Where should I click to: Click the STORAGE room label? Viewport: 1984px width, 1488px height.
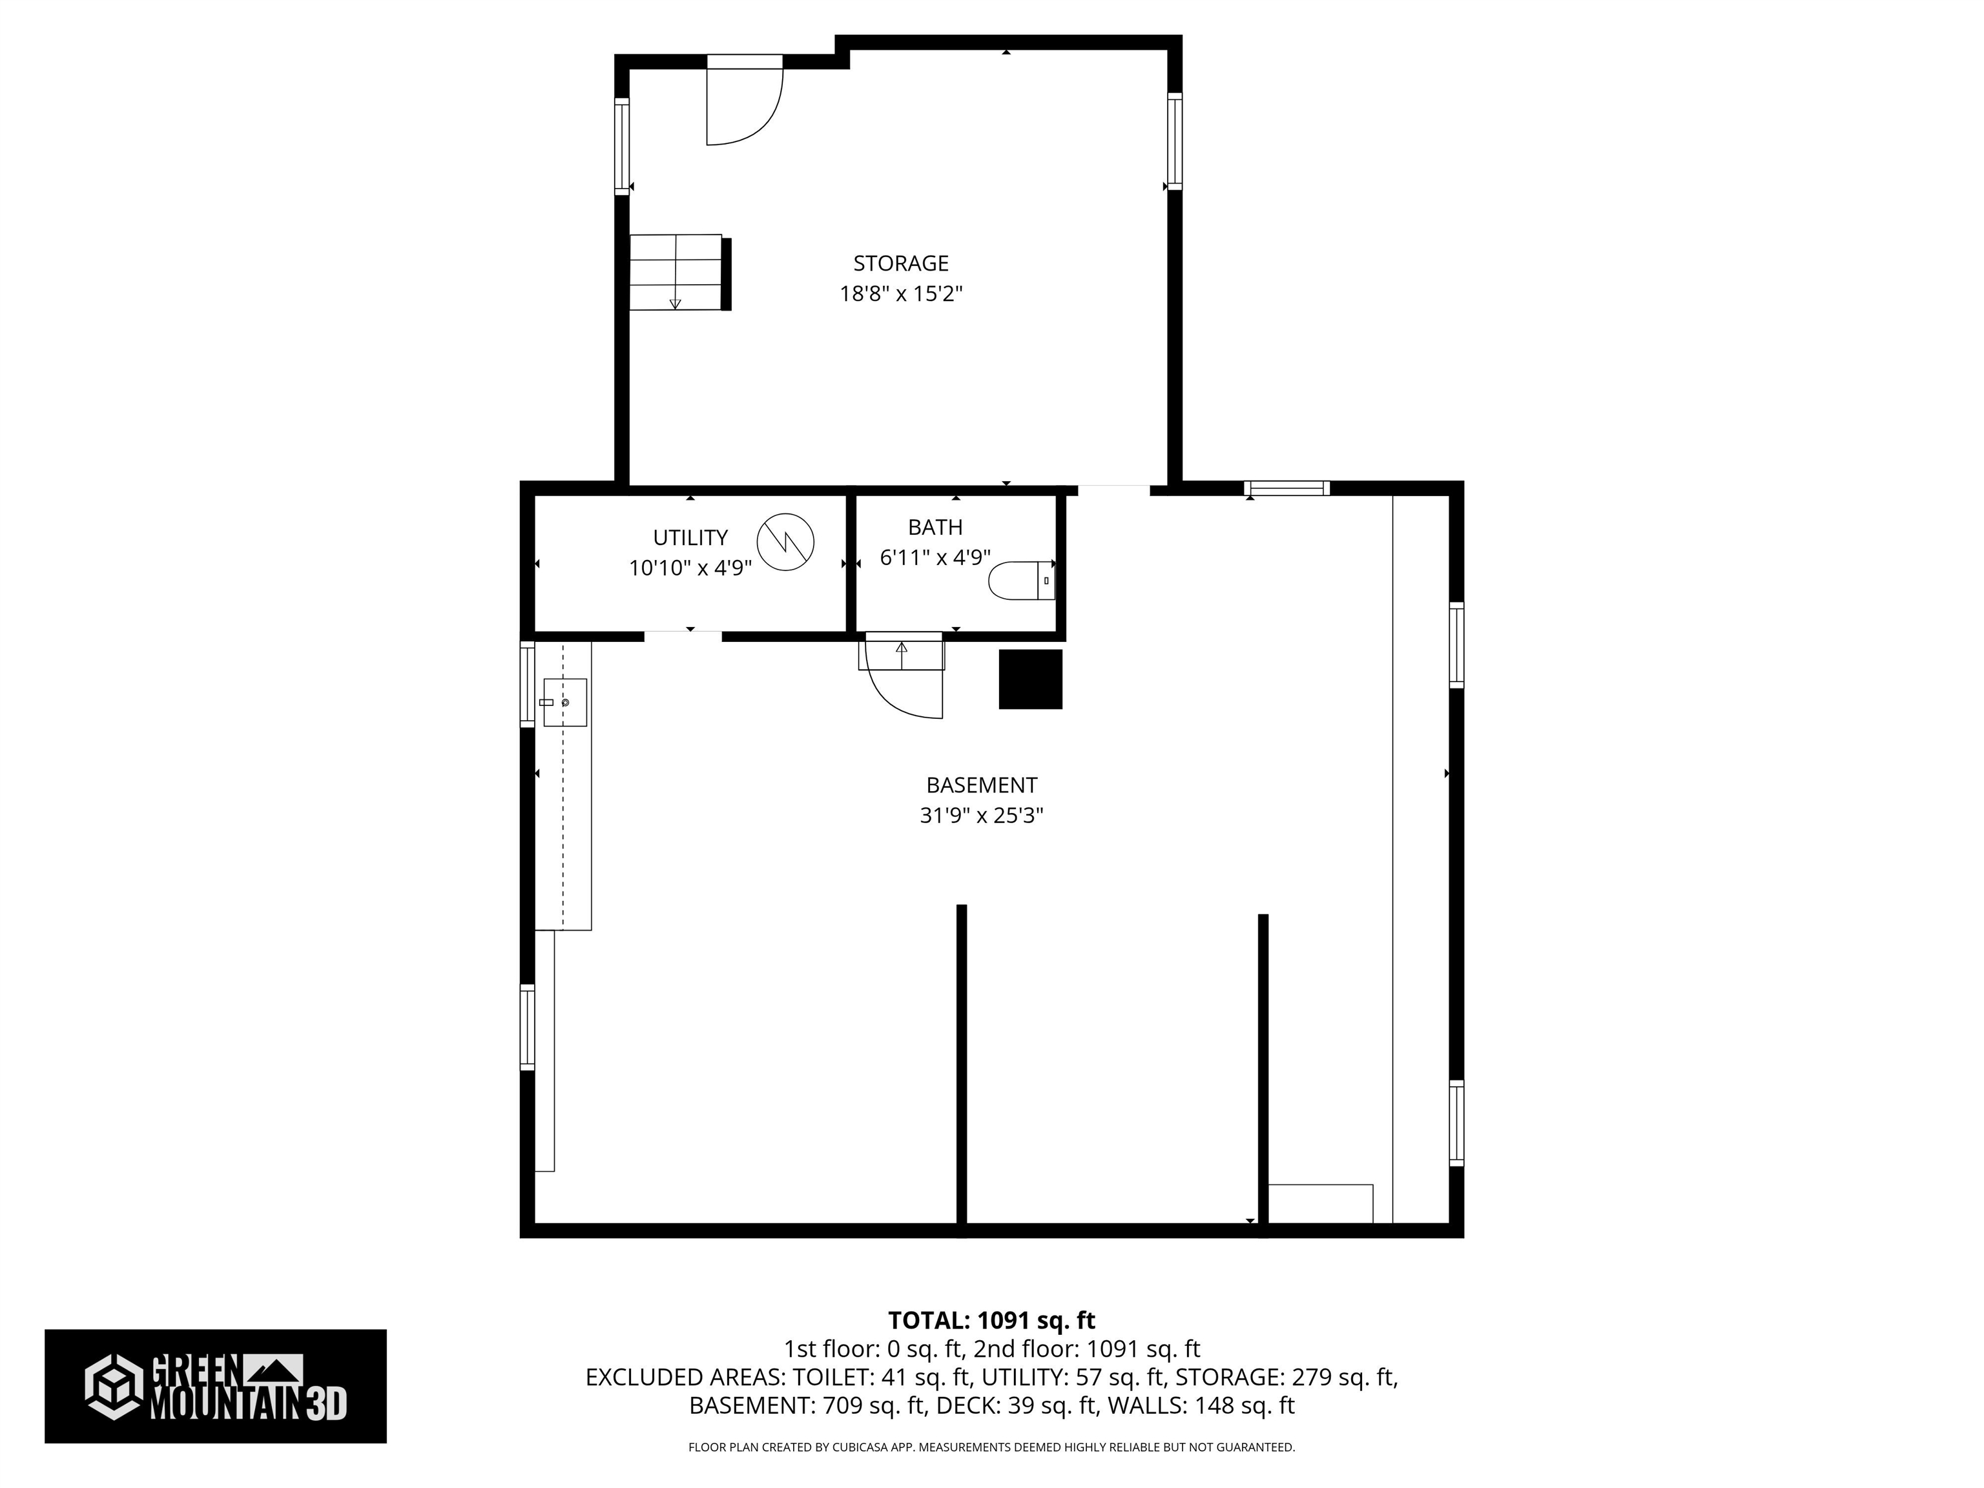pyautogui.click(x=900, y=263)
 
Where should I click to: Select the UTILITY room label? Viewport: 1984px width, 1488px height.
pyautogui.click(x=690, y=537)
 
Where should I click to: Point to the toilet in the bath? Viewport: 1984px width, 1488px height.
pyautogui.click(x=1020, y=581)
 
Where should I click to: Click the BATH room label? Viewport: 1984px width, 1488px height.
pyautogui.click(x=935, y=528)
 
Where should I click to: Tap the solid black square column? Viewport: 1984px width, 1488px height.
pyautogui.click(x=1031, y=679)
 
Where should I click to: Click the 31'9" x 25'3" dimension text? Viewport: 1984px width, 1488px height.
pyautogui.click(x=981, y=815)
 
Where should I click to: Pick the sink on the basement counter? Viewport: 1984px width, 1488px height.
pyautogui.click(x=565, y=702)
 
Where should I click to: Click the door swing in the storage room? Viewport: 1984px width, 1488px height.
pyautogui.click(x=743, y=106)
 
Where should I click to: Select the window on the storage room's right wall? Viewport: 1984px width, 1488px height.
pyautogui.click(x=1174, y=141)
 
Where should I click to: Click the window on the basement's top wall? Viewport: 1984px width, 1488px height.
pyautogui.click(x=1286, y=489)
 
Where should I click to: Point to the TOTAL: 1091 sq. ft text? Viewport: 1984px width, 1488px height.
pyautogui.click(x=991, y=1320)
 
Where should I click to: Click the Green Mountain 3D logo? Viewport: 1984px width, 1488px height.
pyautogui.click(x=215, y=1386)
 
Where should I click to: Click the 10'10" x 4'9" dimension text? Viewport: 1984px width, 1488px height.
pyautogui.click(x=690, y=568)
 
